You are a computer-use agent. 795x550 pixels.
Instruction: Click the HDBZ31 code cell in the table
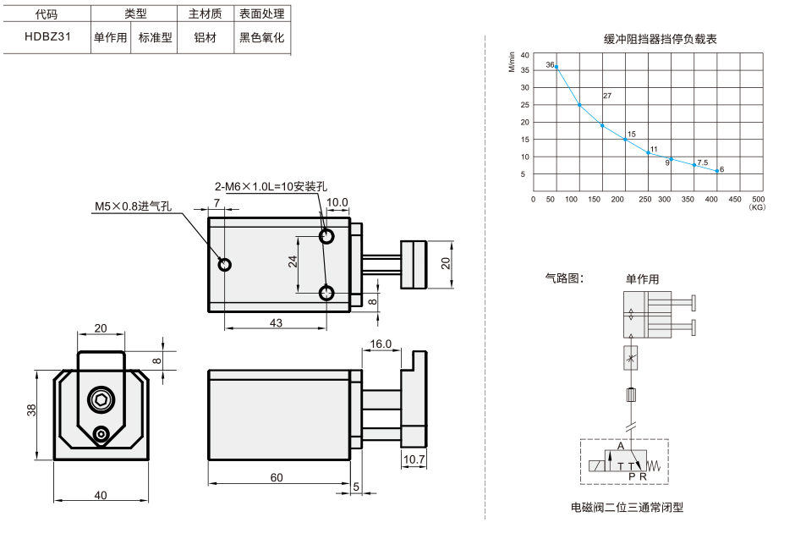coord(47,36)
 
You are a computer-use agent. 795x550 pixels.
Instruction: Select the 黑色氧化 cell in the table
coord(261,37)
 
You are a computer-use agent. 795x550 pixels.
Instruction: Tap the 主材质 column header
coord(206,14)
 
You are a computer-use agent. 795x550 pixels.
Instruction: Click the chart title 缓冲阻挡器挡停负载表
coord(661,39)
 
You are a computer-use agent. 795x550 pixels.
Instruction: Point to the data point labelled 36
coord(556,67)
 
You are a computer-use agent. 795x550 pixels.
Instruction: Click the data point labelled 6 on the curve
coord(717,171)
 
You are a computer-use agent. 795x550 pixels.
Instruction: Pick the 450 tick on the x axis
coord(735,200)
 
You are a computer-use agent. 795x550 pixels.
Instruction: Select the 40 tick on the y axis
coord(524,55)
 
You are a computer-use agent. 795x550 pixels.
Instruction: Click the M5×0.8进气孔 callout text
coord(134,206)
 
